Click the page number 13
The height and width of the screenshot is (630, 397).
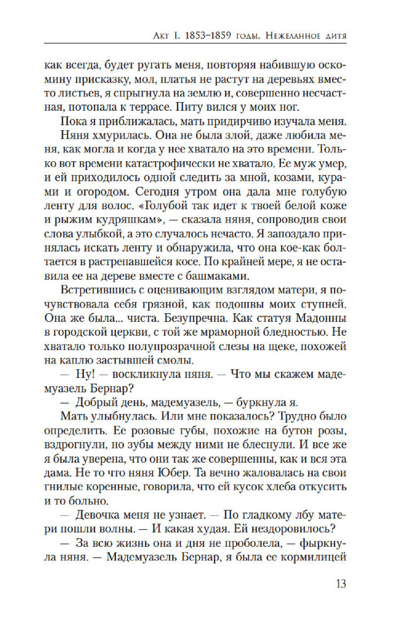(x=339, y=583)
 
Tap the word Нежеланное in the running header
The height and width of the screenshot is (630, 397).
(x=291, y=33)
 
